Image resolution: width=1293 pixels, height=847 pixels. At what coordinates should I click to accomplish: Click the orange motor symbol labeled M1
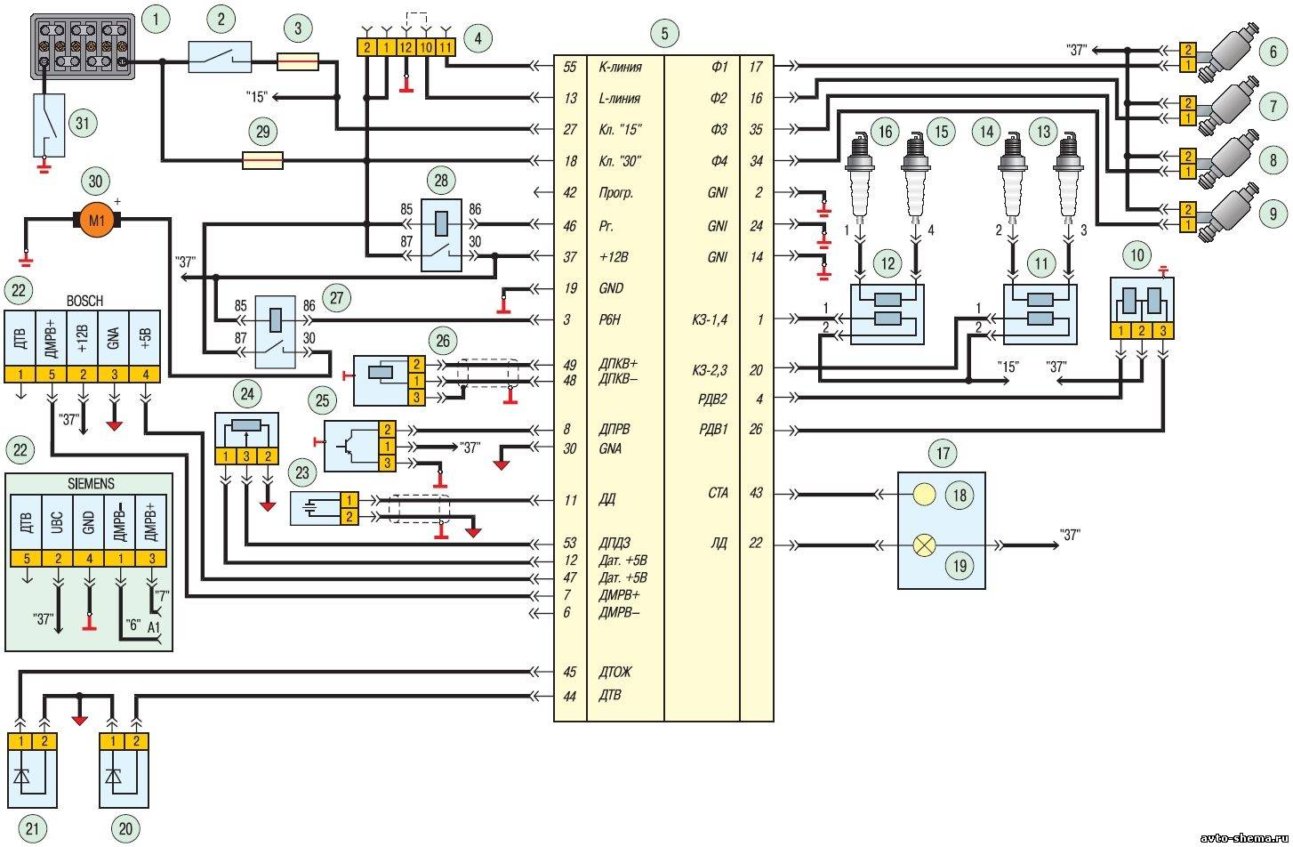pyautogui.click(x=96, y=220)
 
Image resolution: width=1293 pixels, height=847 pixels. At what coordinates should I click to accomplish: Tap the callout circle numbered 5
pyautogui.click(x=664, y=34)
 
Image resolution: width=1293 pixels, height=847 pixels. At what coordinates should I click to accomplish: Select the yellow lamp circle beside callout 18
pyautogui.click(x=924, y=494)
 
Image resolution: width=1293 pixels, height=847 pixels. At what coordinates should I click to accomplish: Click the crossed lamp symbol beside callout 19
pyautogui.click(x=924, y=544)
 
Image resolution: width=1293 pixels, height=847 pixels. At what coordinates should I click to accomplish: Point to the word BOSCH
pyautogui.click(x=84, y=301)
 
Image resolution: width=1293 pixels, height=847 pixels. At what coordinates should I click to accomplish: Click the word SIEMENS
pyautogui.click(x=91, y=483)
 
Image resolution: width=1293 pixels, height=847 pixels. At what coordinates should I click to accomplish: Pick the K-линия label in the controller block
pyautogui.click(x=620, y=67)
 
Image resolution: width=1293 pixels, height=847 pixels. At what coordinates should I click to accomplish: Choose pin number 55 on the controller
pyautogui.click(x=570, y=67)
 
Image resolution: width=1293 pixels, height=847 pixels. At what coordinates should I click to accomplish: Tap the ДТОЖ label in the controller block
pyautogui.click(x=615, y=672)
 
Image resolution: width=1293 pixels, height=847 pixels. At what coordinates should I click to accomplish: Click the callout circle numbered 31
pyautogui.click(x=83, y=123)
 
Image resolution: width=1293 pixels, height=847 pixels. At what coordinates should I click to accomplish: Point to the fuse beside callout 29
pyautogui.click(x=262, y=160)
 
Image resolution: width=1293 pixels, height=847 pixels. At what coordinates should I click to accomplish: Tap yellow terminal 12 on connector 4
pyautogui.click(x=406, y=47)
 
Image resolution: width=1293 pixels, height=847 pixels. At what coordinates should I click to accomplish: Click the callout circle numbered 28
pyautogui.click(x=441, y=180)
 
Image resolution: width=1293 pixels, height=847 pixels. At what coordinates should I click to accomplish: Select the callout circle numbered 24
pyautogui.click(x=247, y=394)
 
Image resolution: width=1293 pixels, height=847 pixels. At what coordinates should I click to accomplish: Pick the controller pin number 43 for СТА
pyautogui.click(x=756, y=493)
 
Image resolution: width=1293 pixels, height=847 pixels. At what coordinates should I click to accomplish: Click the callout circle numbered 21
pyautogui.click(x=32, y=829)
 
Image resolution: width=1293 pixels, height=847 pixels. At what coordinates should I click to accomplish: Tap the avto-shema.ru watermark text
pyautogui.click(x=1244, y=838)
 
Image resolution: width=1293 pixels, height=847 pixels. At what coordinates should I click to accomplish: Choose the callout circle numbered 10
pyautogui.click(x=1137, y=255)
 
